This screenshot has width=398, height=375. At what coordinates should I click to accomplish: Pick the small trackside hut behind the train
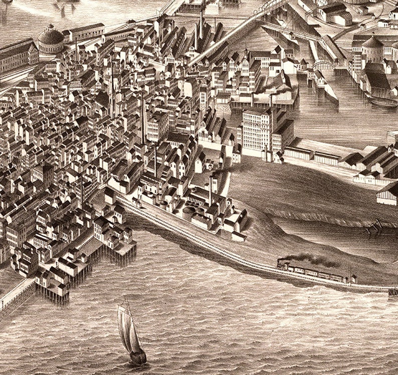[x=354, y=278]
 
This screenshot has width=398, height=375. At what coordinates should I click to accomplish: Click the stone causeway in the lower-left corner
[x=15, y=295]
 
